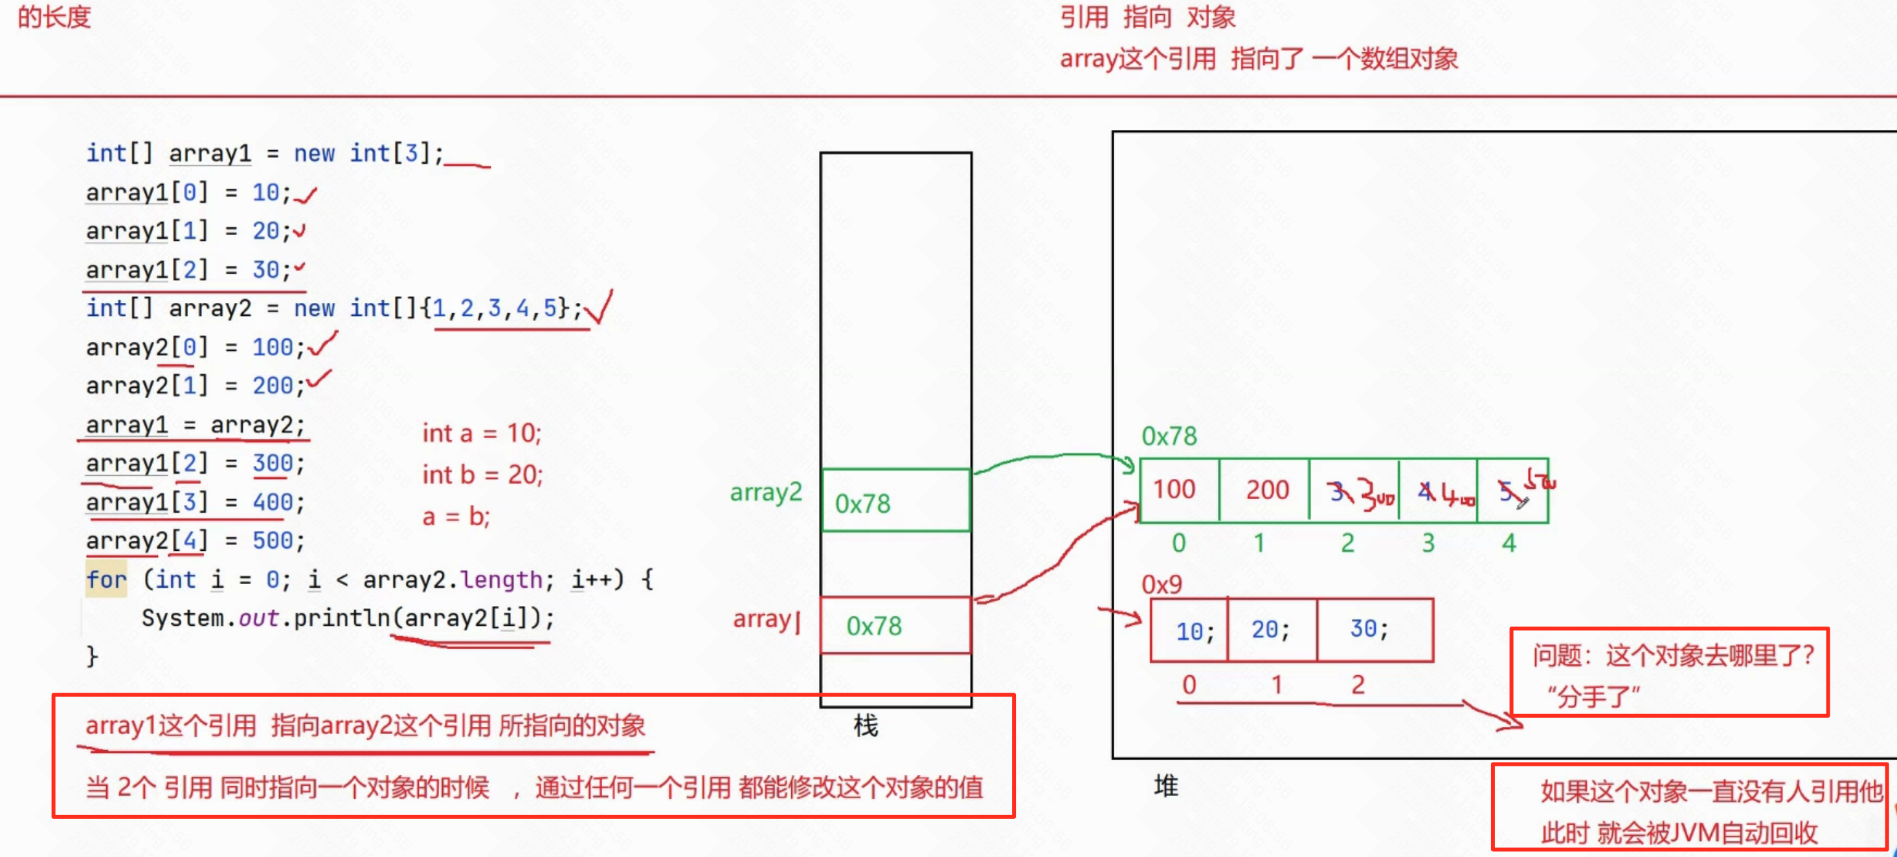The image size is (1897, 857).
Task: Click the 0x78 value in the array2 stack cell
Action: click(x=862, y=504)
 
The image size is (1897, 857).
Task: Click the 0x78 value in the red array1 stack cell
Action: click(x=873, y=626)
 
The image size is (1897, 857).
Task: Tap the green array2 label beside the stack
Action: click(x=765, y=492)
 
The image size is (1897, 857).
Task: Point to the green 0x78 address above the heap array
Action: click(x=1169, y=436)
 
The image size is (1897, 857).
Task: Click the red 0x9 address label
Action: click(x=1162, y=584)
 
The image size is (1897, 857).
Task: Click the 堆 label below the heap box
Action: click(x=1166, y=786)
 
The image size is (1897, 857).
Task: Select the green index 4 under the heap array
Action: click(x=1509, y=543)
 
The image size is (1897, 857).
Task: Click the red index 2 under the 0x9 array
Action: click(x=1358, y=685)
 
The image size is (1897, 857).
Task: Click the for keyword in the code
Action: click(x=106, y=579)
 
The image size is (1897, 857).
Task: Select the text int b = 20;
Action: click(x=482, y=475)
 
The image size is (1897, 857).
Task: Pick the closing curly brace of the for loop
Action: click(x=92, y=655)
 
